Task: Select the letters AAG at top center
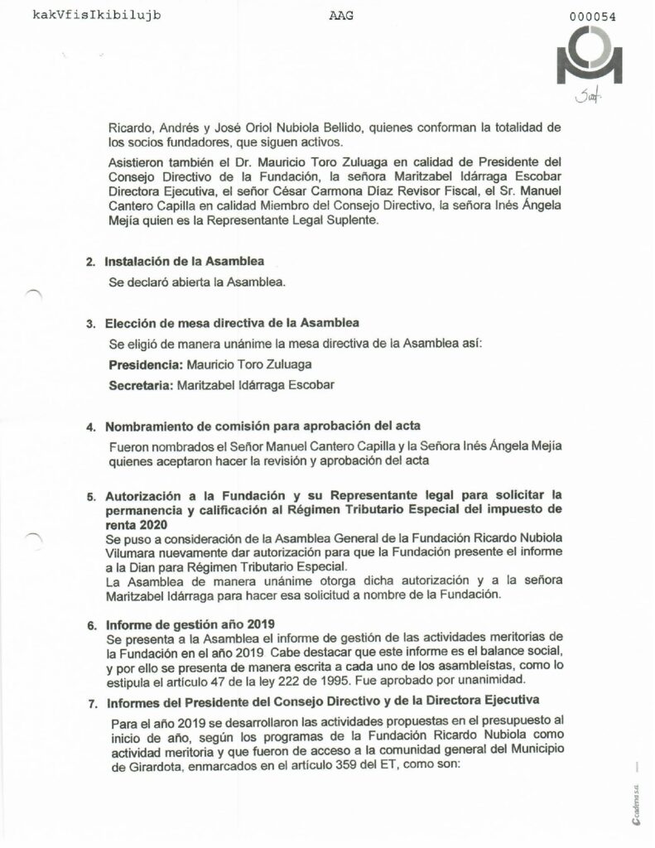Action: pos(330,15)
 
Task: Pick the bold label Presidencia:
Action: pos(143,364)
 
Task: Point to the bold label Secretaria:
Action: pos(141,384)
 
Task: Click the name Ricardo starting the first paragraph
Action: pos(128,128)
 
